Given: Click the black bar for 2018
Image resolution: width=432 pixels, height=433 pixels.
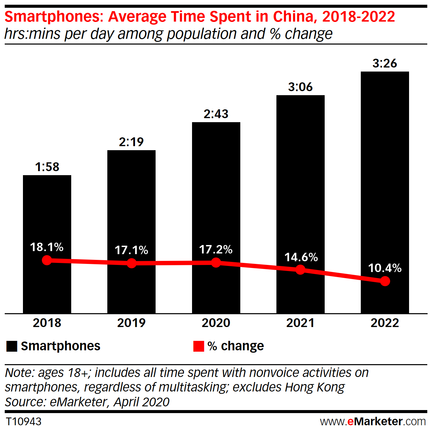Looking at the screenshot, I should (x=47, y=216).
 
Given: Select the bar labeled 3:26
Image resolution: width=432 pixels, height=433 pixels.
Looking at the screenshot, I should (x=385, y=169).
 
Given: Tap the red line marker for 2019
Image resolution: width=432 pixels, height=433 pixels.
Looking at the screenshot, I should (x=132, y=263).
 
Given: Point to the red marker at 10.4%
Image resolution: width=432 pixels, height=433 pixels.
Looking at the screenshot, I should (x=385, y=281).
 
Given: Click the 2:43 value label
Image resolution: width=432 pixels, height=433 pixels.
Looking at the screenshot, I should (x=216, y=114).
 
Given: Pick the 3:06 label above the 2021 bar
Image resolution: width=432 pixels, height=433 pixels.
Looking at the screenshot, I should (x=300, y=87).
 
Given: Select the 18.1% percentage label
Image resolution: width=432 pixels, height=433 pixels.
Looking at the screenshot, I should (x=47, y=247).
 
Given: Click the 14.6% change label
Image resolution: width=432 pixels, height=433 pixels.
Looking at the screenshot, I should (x=301, y=258).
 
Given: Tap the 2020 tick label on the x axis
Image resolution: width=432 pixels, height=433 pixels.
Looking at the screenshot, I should (x=216, y=323).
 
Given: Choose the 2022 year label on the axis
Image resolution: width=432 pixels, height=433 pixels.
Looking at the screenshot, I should (x=385, y=323).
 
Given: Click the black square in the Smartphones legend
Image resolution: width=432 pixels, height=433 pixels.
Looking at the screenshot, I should (x=11, y=346).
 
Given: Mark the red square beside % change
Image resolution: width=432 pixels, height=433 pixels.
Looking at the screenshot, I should (x=198, y=346).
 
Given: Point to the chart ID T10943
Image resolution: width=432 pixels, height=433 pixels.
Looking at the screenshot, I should (x=24, y=422).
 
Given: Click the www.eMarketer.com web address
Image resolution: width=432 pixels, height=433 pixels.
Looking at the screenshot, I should (x=373, y=422).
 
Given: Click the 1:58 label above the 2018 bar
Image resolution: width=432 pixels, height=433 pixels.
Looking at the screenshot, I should (x=47, y=167).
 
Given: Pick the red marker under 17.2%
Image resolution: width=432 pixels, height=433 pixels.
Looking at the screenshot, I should (x=216, y=263).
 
